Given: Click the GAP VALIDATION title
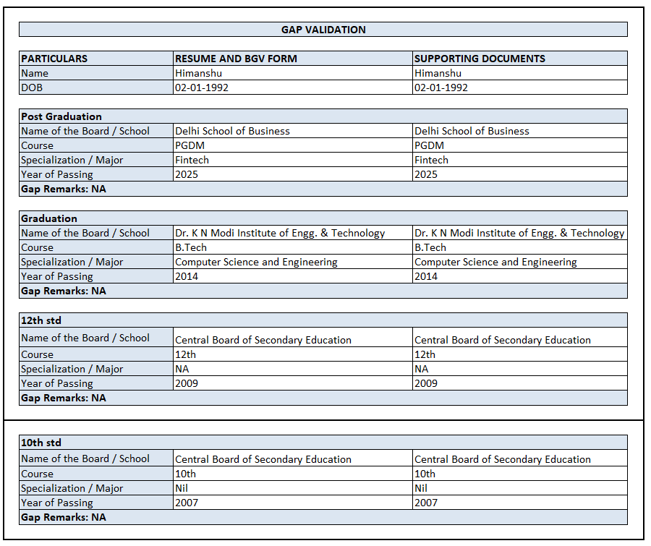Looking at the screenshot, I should [x=323, y=30].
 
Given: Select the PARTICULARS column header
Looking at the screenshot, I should [x=54, y=59].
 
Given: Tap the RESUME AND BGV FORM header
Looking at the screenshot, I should [x=236, y=59].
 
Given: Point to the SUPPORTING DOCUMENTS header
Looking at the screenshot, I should [x=480, y=59].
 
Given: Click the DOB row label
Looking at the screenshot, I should [x=32, y=88].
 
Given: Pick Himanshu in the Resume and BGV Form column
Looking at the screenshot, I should [x=198, y=73].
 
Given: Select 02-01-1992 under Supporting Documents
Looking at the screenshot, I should [x=441, y=88].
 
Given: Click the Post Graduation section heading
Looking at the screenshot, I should [x=61, y=116].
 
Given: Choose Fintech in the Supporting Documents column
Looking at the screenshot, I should [x=431, y=160].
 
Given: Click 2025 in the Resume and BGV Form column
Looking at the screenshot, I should [x=187, y=174].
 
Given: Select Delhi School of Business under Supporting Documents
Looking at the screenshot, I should [x=472, y=131].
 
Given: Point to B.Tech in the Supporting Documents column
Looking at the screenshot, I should [x=430, y=247].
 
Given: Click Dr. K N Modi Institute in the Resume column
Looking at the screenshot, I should [x=280, y=233].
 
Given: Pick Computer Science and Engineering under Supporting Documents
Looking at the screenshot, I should [x=495, y=262].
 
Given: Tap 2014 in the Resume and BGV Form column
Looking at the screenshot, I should [x=187, y=276].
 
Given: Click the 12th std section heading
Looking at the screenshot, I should [x=41, y=320].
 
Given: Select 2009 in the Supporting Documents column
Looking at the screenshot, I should [x=426, y=383].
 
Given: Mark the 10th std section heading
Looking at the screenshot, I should [x=41, y=442].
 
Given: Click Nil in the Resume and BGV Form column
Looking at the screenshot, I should [x=182, y=488].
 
